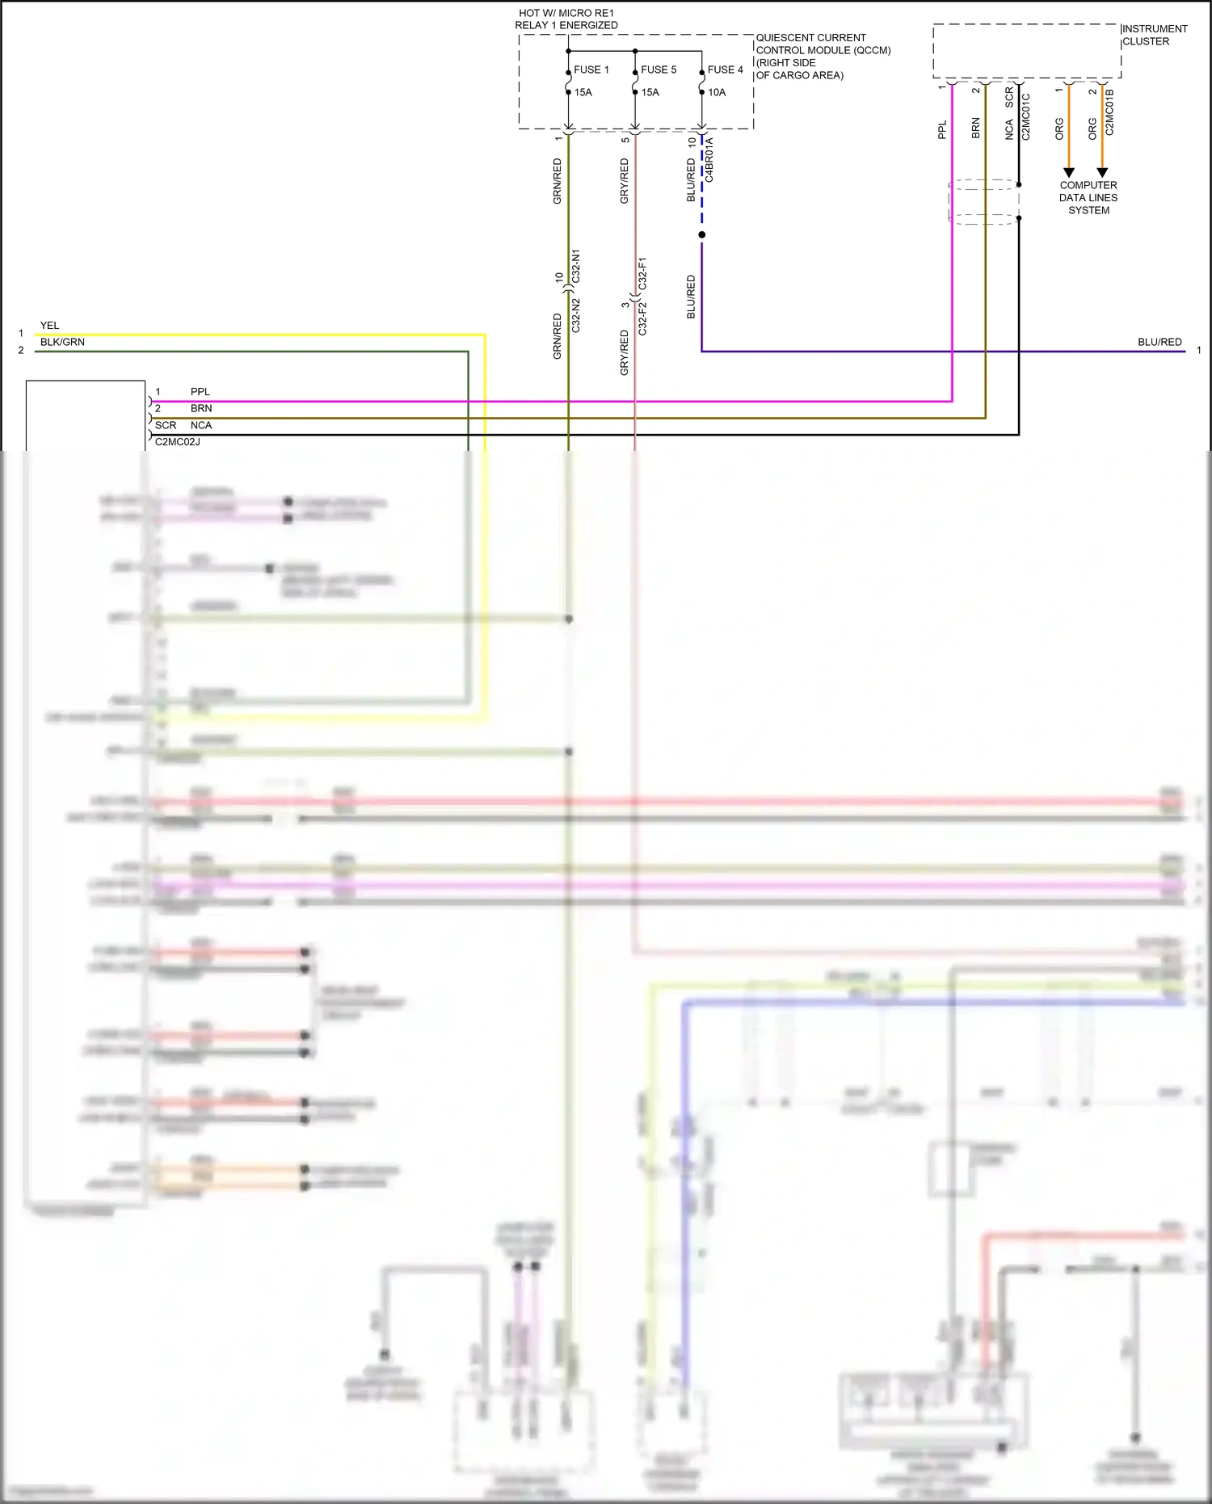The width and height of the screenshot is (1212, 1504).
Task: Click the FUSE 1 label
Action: pos(591,70)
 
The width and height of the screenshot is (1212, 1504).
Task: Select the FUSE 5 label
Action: pos(659,70)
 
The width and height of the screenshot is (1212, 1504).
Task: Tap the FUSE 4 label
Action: pos(725,70)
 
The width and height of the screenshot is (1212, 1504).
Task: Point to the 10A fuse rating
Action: pos(717,92)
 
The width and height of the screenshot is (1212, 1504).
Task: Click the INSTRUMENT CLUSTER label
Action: pos(1154,35)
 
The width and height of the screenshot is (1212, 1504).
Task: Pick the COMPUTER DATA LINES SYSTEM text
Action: pos(1088,197)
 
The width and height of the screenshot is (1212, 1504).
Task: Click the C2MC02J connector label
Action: pos(178,442)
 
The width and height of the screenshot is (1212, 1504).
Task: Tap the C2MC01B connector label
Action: pos(1110,112)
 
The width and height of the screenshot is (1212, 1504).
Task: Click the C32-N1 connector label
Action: pos(575,266)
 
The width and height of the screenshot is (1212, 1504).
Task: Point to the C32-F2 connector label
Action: pos(642,319)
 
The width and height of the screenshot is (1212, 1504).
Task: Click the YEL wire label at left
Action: pos(49,326)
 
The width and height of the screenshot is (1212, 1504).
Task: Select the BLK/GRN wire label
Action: pos(62,342)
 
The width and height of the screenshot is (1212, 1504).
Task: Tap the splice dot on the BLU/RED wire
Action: pos(701,234)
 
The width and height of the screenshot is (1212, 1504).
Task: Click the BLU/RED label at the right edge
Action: pos(1159,342)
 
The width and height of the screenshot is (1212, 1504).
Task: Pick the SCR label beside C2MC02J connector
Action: pos(166,425)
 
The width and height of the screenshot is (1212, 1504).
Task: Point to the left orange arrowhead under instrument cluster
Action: pos(1069,172)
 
